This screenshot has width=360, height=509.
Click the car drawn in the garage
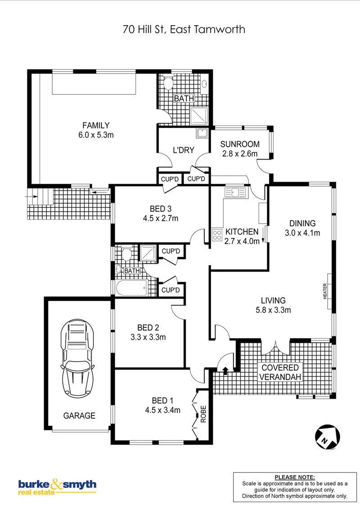click(x=78, y=358)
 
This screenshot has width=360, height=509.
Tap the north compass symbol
click(x=328, y=437)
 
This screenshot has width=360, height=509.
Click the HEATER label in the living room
click(x=325, y=291)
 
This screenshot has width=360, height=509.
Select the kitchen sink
click(x=235, y=192)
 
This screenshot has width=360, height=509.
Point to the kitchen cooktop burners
click(x=217, y=235)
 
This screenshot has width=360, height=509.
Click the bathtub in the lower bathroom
click(x=131, y=288)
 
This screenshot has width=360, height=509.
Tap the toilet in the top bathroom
click(x=168, y=84)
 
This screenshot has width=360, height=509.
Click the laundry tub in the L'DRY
click(x=202, y=134)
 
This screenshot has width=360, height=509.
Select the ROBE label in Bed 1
click(x=203, y=414)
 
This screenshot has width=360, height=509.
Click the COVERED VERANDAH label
click(x=280, y=372)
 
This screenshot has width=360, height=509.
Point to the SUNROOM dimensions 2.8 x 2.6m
click(x=240, y=153)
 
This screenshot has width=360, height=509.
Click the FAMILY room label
click(x=96, y=125)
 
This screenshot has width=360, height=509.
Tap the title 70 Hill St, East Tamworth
click(x=184, y=30)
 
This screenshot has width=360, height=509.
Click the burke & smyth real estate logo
click(x=57, y=486)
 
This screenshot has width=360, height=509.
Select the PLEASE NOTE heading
click(x=295, y=477)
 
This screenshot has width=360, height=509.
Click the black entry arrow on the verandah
click(x=225, y=371)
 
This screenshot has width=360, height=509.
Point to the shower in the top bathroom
click(x=199, y=116)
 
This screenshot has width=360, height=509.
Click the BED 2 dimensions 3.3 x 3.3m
click(x=148, y=337)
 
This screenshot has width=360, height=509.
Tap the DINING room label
click(x=302, y=223)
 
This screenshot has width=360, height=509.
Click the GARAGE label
click(x=79, y=415)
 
